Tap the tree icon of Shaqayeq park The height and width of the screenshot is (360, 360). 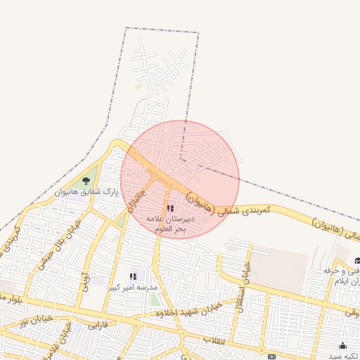[86, 181]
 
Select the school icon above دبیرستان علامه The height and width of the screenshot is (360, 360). [170, 208]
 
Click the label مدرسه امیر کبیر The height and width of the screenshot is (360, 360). [134, 287]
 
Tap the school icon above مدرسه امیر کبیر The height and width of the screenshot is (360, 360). [133, 276]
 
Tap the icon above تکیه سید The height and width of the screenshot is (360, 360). [343, 345]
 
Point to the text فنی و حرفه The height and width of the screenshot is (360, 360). [340, 270]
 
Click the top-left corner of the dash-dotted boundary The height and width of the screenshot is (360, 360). [127, 28]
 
